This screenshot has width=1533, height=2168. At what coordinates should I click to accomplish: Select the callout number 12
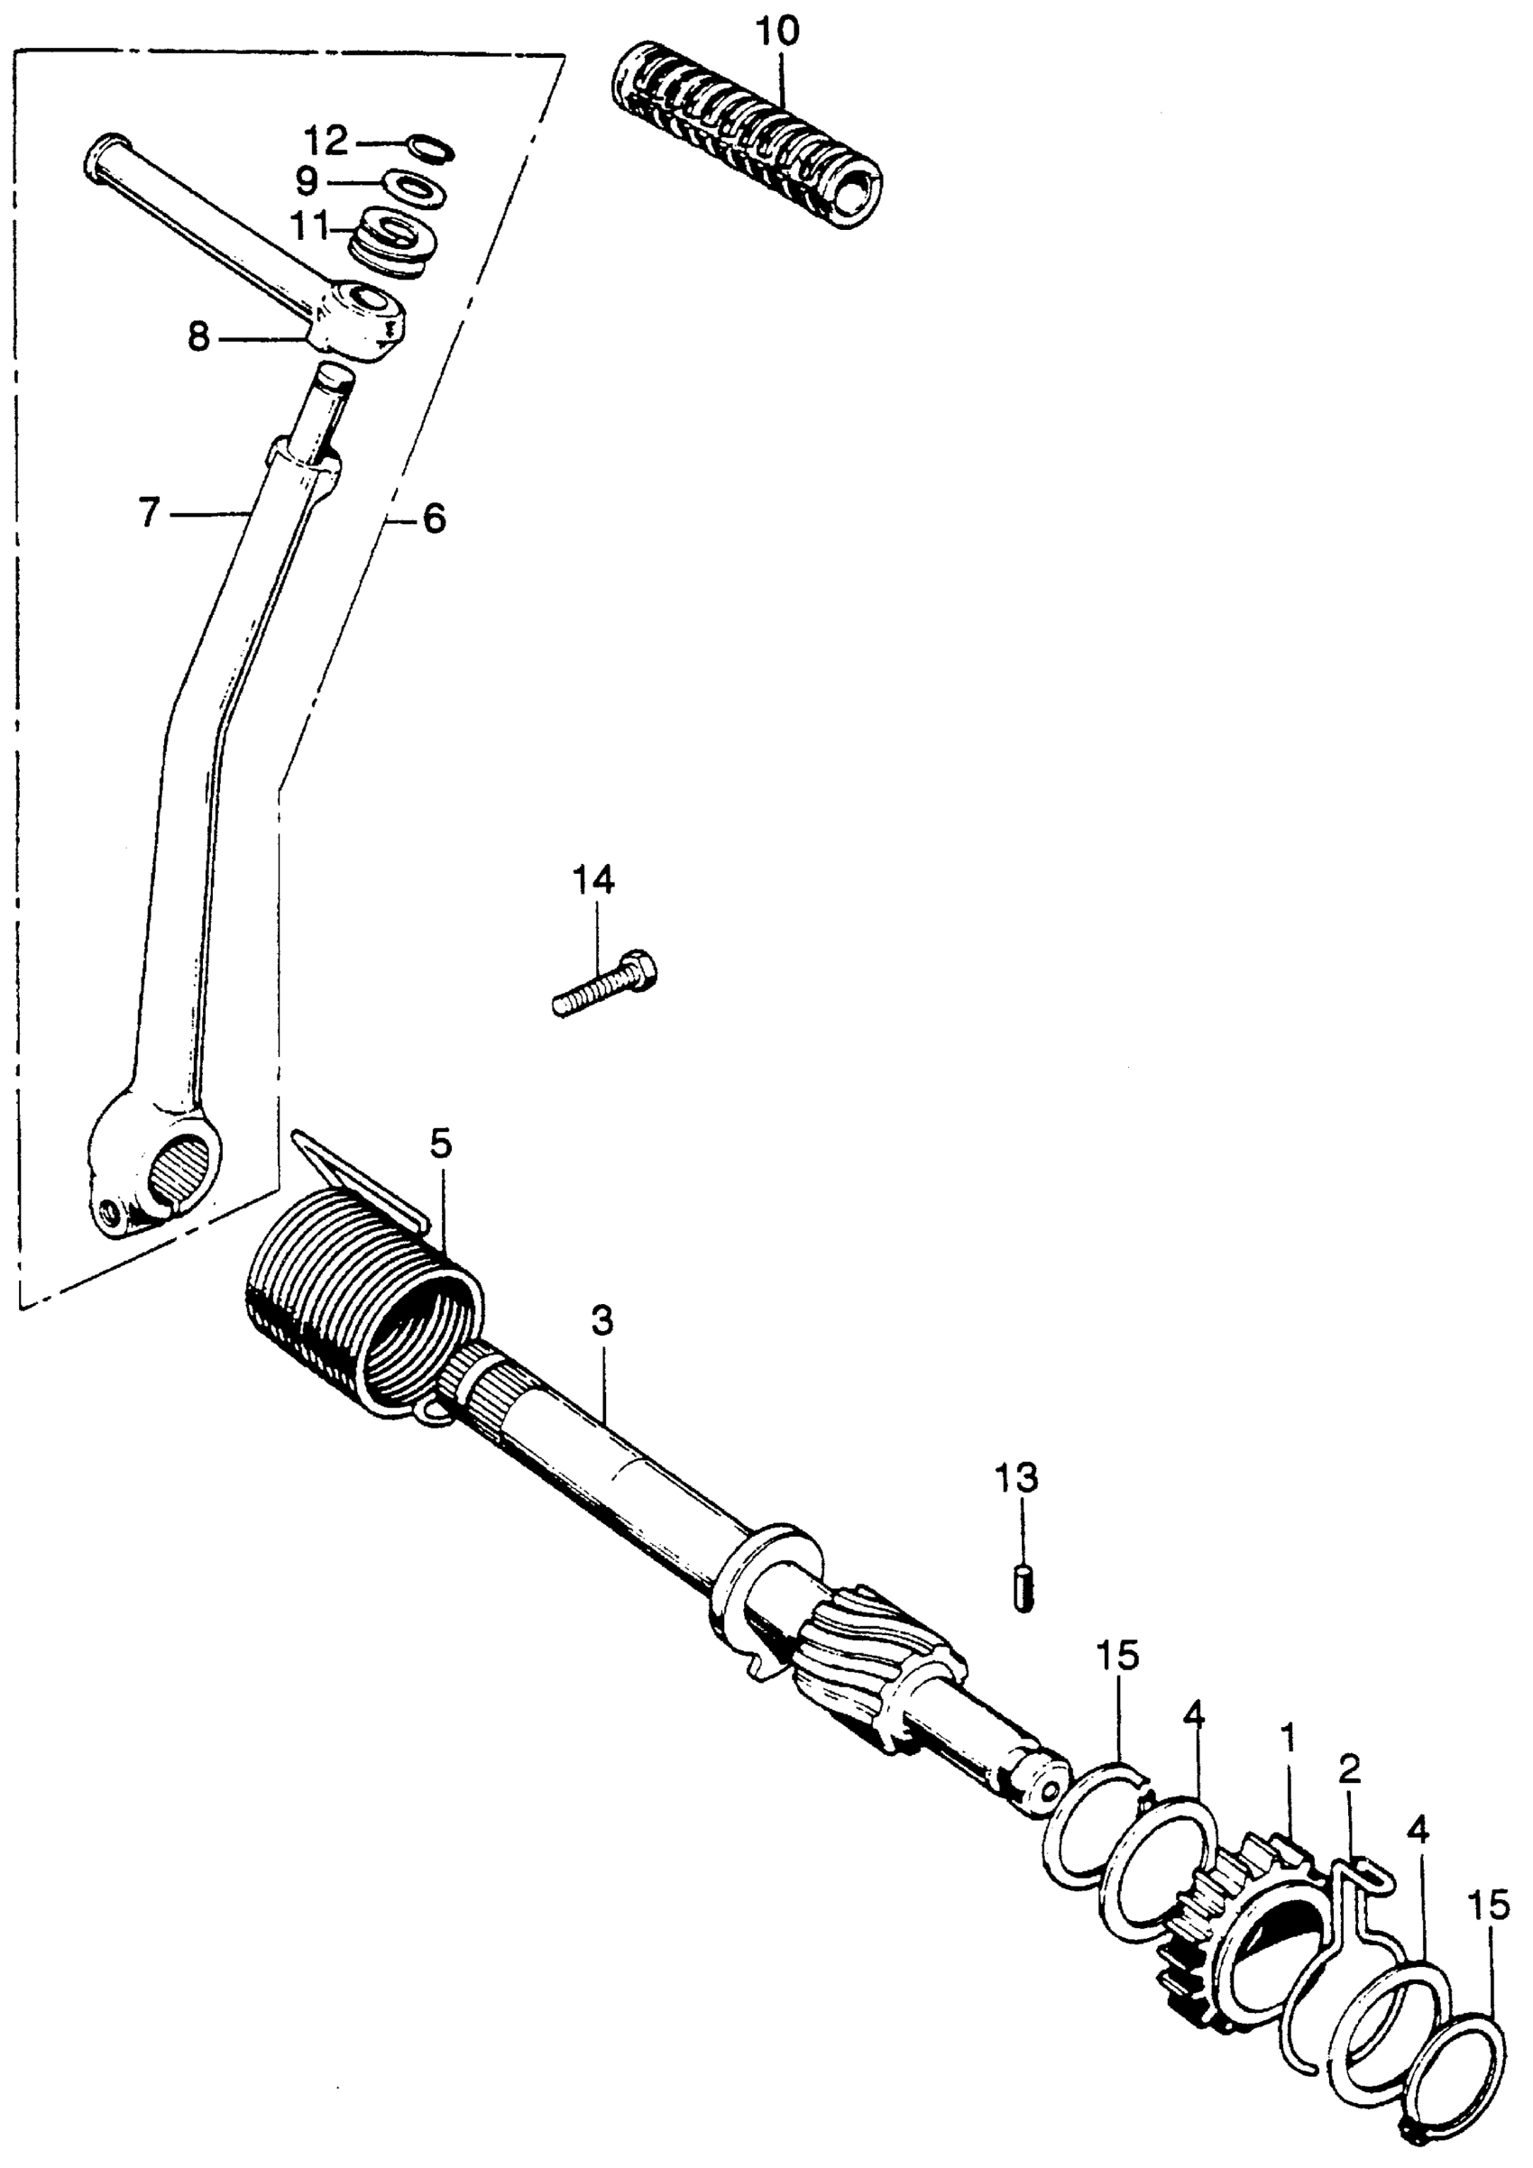pyautogui.click(x=326, y=142)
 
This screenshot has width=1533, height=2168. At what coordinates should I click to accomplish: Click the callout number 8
pyautogui.click(x=198, y=336)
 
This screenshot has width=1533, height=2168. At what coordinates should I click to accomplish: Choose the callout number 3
pyautogui.click(x=602, y=1323)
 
